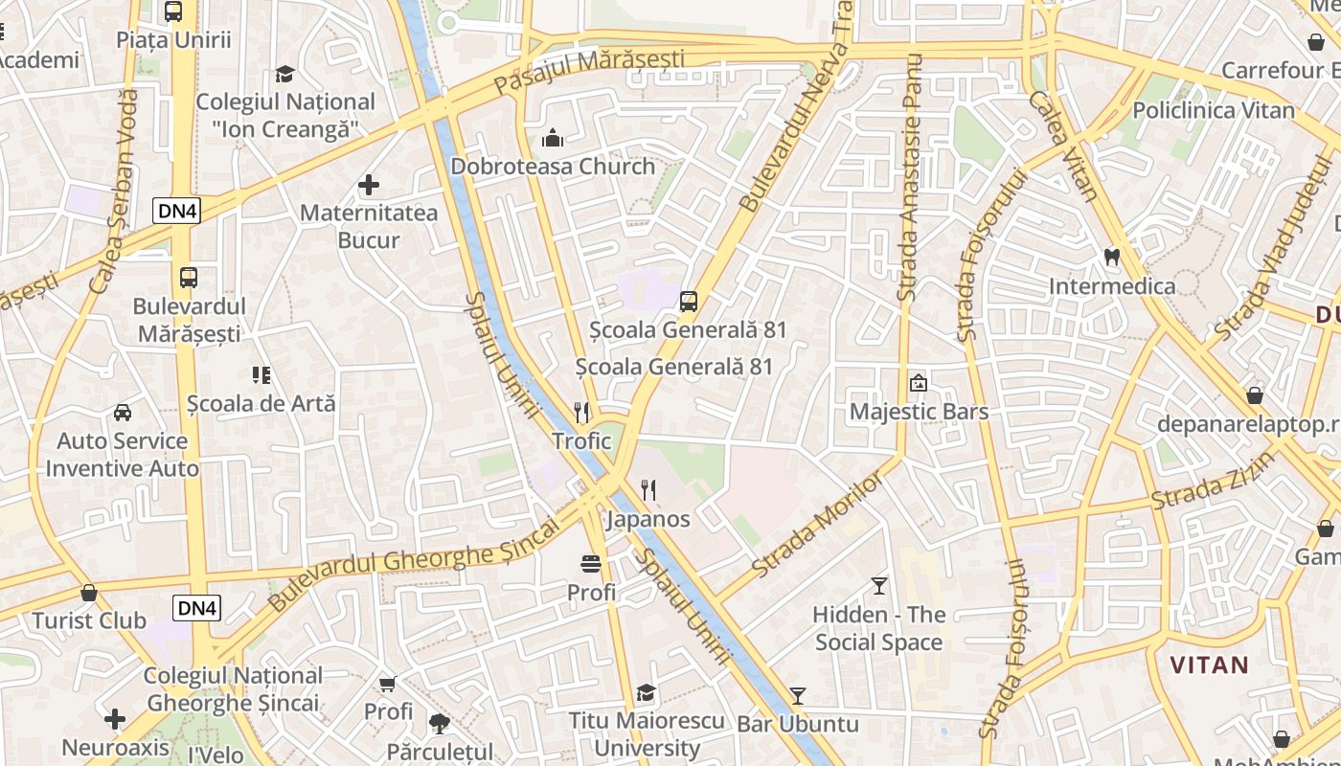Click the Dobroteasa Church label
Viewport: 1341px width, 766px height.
[x=553, y=167]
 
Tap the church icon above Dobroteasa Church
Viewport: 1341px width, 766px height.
[x=553, y=139]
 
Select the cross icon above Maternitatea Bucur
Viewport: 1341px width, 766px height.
[x=369, y=184]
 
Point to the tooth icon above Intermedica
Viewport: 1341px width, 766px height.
[x=1112, y=257]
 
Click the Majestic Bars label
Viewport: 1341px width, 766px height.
[x=919, y=412]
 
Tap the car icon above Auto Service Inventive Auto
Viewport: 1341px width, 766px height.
[x=123, y=413]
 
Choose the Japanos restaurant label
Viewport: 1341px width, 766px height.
[x=648, y=519]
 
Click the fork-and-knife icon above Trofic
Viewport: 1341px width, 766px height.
[x=581, y=412]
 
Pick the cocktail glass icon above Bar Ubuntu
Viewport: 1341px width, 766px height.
[x=797, y=695]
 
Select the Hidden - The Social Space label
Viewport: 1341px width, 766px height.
[x=879, y=628]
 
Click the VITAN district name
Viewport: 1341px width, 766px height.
[x=1209, y=665]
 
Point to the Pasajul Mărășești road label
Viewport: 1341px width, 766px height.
[x=589, y=71]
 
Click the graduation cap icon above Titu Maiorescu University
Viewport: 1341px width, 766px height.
[x=647, y=692]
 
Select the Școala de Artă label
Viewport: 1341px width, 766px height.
[x=261, y=403]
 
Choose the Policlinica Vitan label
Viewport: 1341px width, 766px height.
[x=1214, y=110]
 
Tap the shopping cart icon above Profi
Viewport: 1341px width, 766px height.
[x=388, y=684]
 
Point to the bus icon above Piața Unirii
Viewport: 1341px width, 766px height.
[x=173, y=11]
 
